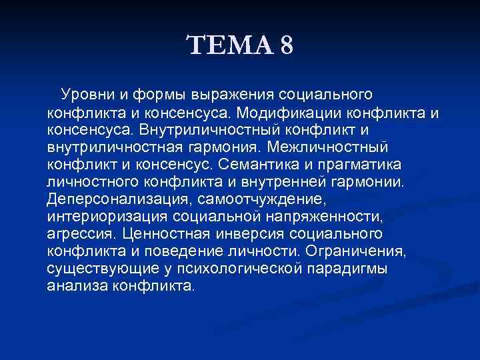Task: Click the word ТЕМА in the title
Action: coord(231,47)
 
